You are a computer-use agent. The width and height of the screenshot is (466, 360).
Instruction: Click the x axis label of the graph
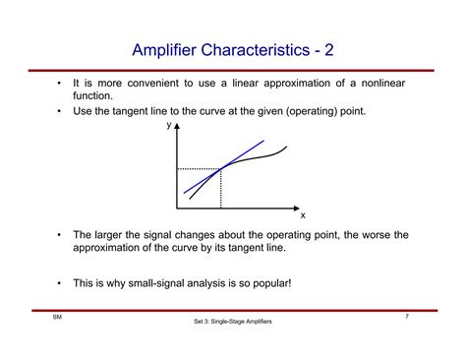click(303, 214)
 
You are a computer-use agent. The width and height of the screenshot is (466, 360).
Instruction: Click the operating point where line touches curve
click(220, 168)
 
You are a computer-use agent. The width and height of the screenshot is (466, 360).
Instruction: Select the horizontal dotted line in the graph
click(198, 169)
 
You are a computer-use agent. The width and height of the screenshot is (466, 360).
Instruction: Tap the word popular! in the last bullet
click(268, 283)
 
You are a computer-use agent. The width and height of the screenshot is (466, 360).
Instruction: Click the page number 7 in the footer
click(407, 316)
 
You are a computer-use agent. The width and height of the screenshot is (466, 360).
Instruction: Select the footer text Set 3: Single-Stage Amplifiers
click(233, 323)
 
